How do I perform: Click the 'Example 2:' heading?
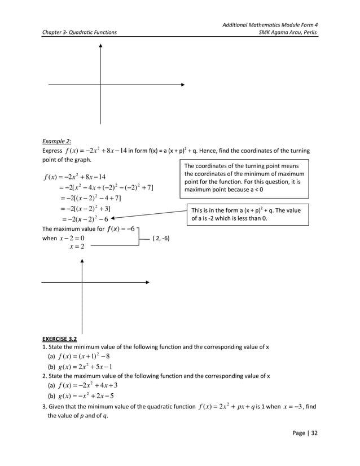(x=57, y=142)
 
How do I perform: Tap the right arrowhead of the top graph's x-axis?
(x=183, y=85)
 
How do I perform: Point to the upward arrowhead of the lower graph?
(x=82, y=261)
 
